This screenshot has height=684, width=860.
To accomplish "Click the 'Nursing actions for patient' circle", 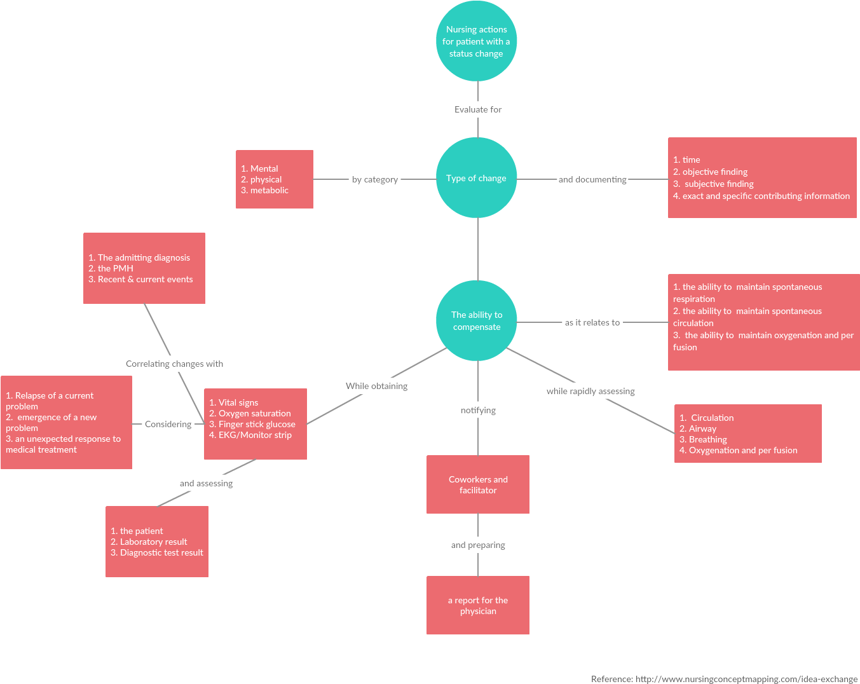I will (x=476, y=41).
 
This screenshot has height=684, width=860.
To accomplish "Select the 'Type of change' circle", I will (x=476, y=178).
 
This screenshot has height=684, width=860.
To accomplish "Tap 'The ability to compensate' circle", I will (x=477, y=321).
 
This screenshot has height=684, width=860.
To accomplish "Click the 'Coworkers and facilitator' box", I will (x=478, y=484).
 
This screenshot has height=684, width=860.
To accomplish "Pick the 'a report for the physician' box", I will (x=478, y=605).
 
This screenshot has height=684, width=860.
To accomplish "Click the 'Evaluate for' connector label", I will (x=478, y=109).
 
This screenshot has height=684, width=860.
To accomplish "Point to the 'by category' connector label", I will (x=375, y=179).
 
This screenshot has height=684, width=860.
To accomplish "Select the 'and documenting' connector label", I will (x=592, y=179).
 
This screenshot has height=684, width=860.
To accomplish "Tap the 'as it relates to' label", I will (x=592, y=322).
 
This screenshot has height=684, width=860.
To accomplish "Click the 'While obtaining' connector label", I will (x=376, y=386).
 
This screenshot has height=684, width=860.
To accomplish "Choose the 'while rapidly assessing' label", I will (x=590, y=391).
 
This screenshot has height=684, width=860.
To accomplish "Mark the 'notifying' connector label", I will (x=478, y=410).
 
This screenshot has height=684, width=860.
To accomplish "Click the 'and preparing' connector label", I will (x=478, y=545).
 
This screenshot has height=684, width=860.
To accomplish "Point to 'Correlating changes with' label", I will (x=174, y=364).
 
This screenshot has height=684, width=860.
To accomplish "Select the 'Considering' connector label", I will (x=168, y=424).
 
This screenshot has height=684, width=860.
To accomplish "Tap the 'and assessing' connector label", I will (x=206, y=483).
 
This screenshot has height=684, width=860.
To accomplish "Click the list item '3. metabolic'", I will (x=264, y=190).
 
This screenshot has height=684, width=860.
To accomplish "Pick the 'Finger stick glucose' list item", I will (x=252, y=424).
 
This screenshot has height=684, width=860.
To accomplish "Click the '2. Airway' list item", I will (x=698, y=428).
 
